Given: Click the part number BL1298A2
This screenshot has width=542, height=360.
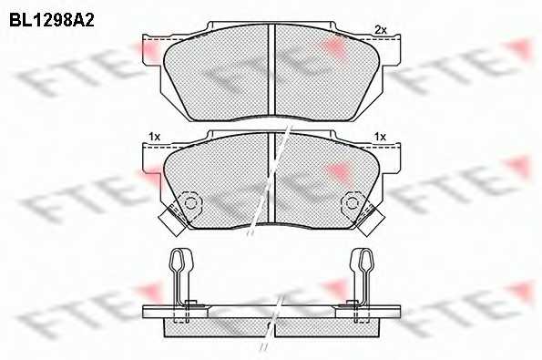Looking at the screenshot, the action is pos(52,21).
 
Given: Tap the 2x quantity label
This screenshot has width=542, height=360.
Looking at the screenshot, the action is pos(381,30).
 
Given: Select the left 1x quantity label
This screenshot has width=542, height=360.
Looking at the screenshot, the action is pos(155,137).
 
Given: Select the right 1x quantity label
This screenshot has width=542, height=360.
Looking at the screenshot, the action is pos(380,137).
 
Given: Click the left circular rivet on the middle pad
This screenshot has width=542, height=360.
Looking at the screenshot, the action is pos(189,203).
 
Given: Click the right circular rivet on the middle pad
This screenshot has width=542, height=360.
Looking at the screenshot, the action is pos(353,203).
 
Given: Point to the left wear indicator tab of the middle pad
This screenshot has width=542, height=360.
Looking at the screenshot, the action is pos(172,221).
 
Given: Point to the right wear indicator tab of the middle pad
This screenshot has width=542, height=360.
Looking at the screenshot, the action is pos(370,221).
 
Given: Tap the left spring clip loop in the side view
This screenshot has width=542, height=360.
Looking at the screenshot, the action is pos(179,260).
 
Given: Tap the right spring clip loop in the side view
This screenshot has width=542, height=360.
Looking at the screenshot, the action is pos(363,260).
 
